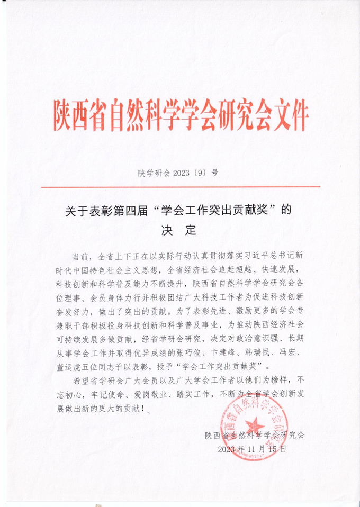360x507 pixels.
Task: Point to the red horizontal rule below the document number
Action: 181,187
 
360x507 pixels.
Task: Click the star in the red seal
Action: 256,423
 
